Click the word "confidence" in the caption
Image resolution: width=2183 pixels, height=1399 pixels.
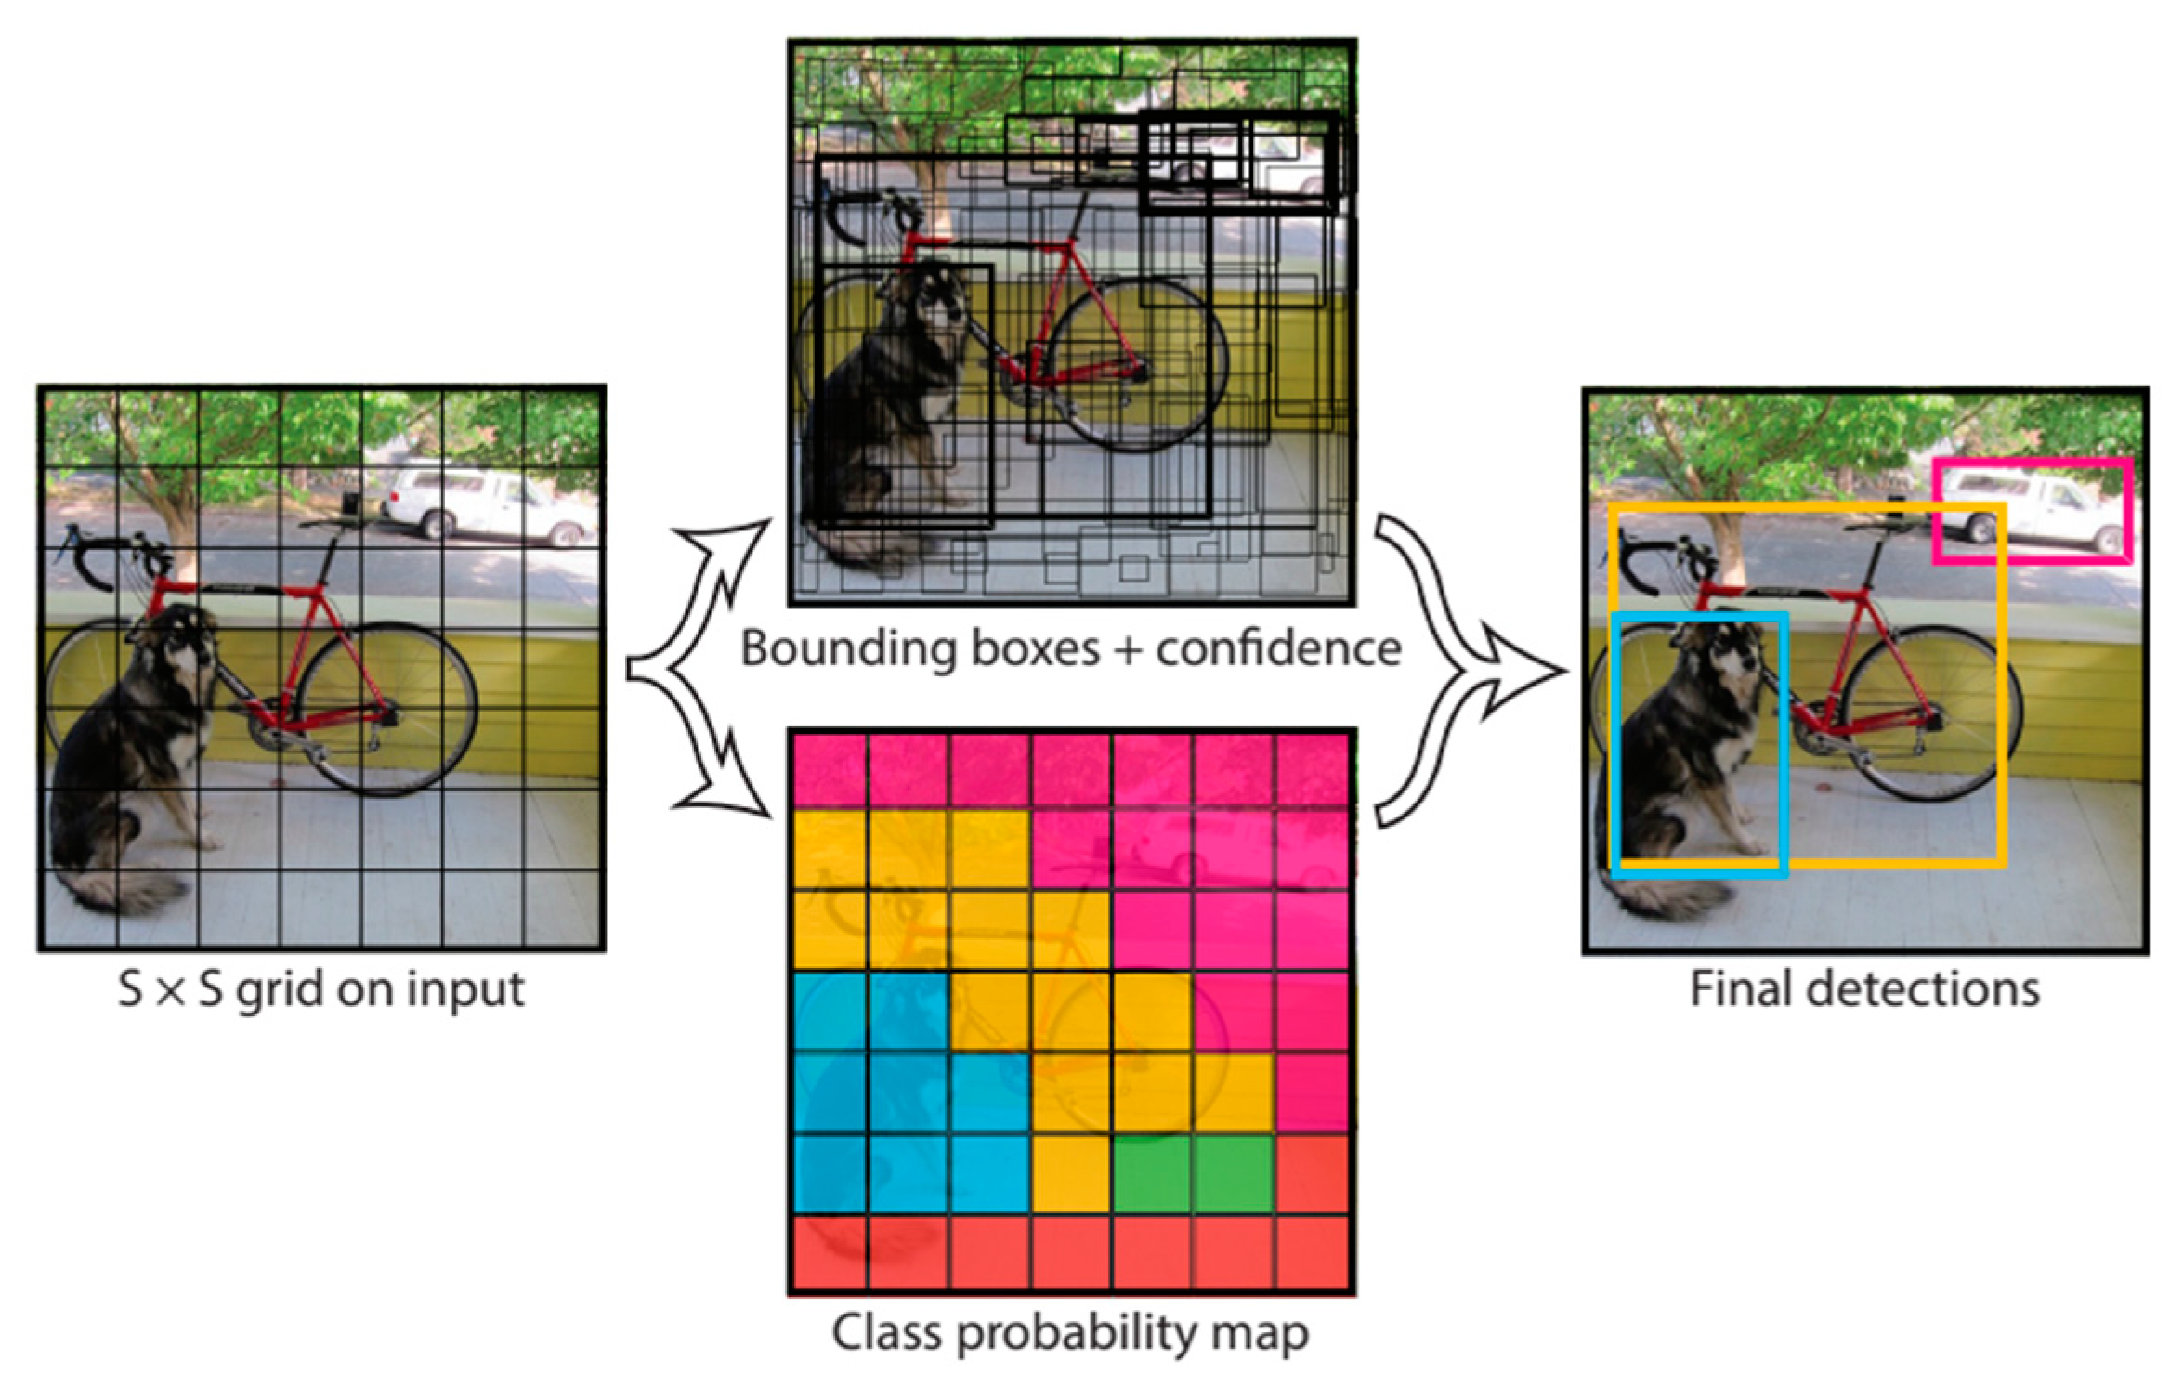click(1278, 648)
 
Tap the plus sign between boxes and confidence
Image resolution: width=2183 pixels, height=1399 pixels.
click(1128, 649)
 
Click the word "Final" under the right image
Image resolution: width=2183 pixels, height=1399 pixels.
click(1736, 989)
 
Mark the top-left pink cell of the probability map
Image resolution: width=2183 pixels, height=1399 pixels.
click(830, 770)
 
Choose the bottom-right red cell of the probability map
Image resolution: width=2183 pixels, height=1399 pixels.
click(1314, 1254)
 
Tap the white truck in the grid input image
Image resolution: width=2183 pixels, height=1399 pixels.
click(483, 506)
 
